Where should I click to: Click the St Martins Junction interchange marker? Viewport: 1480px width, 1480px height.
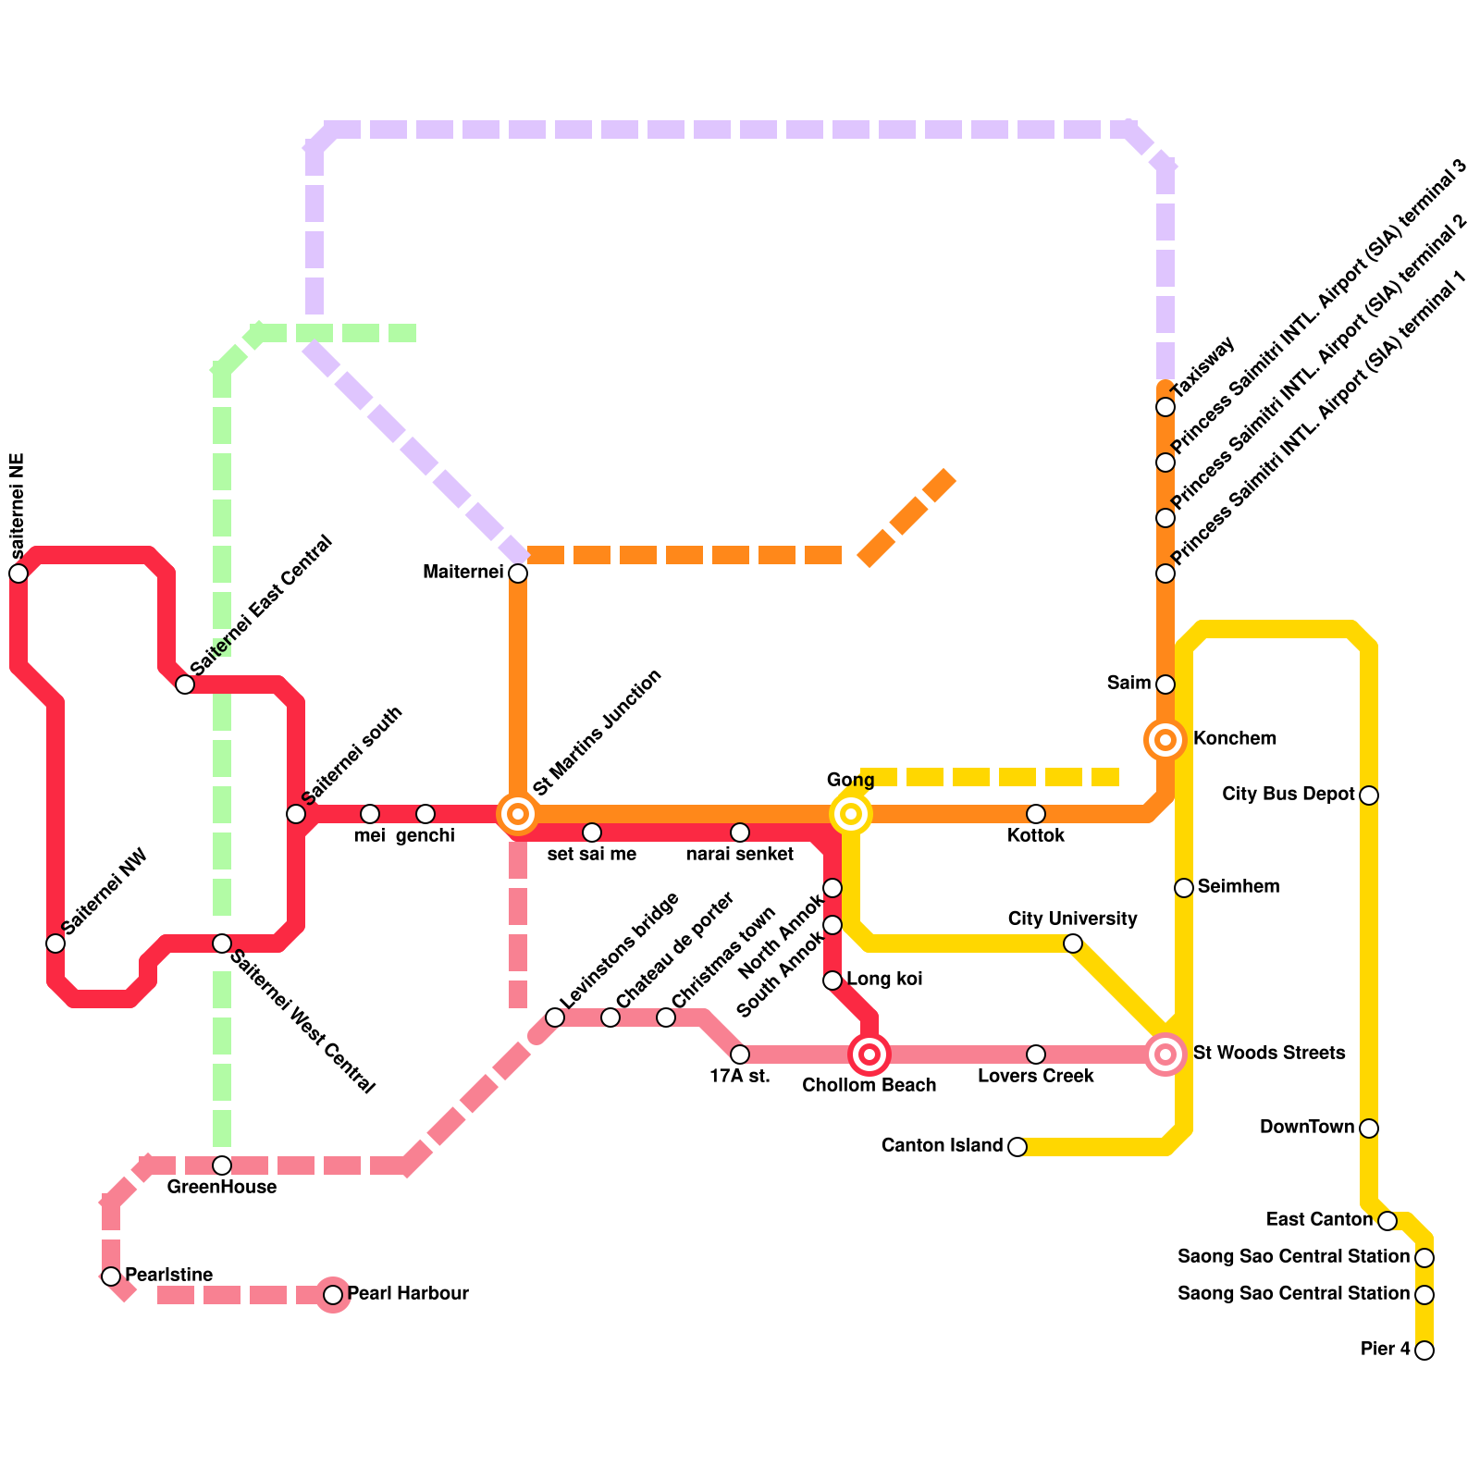click(518, 814)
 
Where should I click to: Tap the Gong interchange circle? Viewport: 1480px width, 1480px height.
click(851, 814)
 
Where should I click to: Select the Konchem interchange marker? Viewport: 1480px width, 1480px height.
click(1165, 740)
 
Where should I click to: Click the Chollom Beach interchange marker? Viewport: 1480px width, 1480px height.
click(869, 1054)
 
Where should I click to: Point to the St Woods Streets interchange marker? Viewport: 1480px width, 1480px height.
click(1165, 1054)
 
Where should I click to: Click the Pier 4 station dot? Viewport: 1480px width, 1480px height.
click(1424, 1350)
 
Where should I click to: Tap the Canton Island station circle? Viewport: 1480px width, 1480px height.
click(1017, 1147)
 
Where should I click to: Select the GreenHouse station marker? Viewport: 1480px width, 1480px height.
click(222, 1165)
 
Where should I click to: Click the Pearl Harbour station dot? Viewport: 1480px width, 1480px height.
click(333, 1295)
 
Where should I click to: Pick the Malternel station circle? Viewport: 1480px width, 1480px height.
click(518, 573)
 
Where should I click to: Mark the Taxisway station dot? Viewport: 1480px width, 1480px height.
click(1165, 407)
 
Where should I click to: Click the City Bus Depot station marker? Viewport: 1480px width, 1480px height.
click(1369, 795)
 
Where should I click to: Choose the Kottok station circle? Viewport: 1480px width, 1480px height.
click(1036, 814)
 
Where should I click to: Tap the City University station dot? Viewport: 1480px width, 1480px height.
click(1073, 943)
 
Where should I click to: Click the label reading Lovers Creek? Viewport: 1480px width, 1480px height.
click(1036, 1077)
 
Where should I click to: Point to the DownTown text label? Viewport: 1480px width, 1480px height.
click(1306, 1128)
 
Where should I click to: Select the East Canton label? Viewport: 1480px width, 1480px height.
click(1319, 1220)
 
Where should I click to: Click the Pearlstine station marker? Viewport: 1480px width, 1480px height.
click(111, 1276)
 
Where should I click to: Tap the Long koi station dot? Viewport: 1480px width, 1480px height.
click(832, 980)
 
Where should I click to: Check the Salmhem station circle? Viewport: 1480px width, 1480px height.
click(1184, 888)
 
